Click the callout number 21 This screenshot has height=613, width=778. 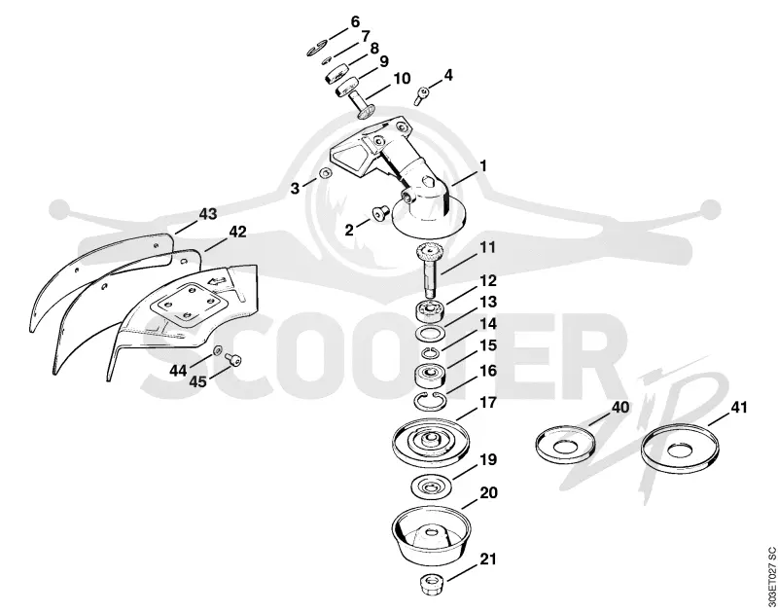(x=488, y=559)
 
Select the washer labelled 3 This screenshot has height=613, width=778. (x=325, y=174)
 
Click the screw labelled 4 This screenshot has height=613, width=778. (x=422, y=95)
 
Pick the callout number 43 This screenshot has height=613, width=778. (x=208, y=214)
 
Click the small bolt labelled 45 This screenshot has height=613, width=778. (x=232, y=359)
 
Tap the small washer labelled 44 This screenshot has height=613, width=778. (x=217, y=351)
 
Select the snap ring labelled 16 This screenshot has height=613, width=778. (x=429, y=400)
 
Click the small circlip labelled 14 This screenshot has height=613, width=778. (x=429, y=353)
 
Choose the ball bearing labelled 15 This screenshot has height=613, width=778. (x=430, y=374)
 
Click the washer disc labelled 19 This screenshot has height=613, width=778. (x=431, y=486)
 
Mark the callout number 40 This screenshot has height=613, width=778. (x=619, y=408)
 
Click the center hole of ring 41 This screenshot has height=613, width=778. (x=679, y=451)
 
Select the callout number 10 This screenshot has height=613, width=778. (x=402, y=79)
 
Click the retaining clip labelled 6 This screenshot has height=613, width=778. (x=316, y=50)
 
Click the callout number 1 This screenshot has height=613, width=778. (x=482, y=166)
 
